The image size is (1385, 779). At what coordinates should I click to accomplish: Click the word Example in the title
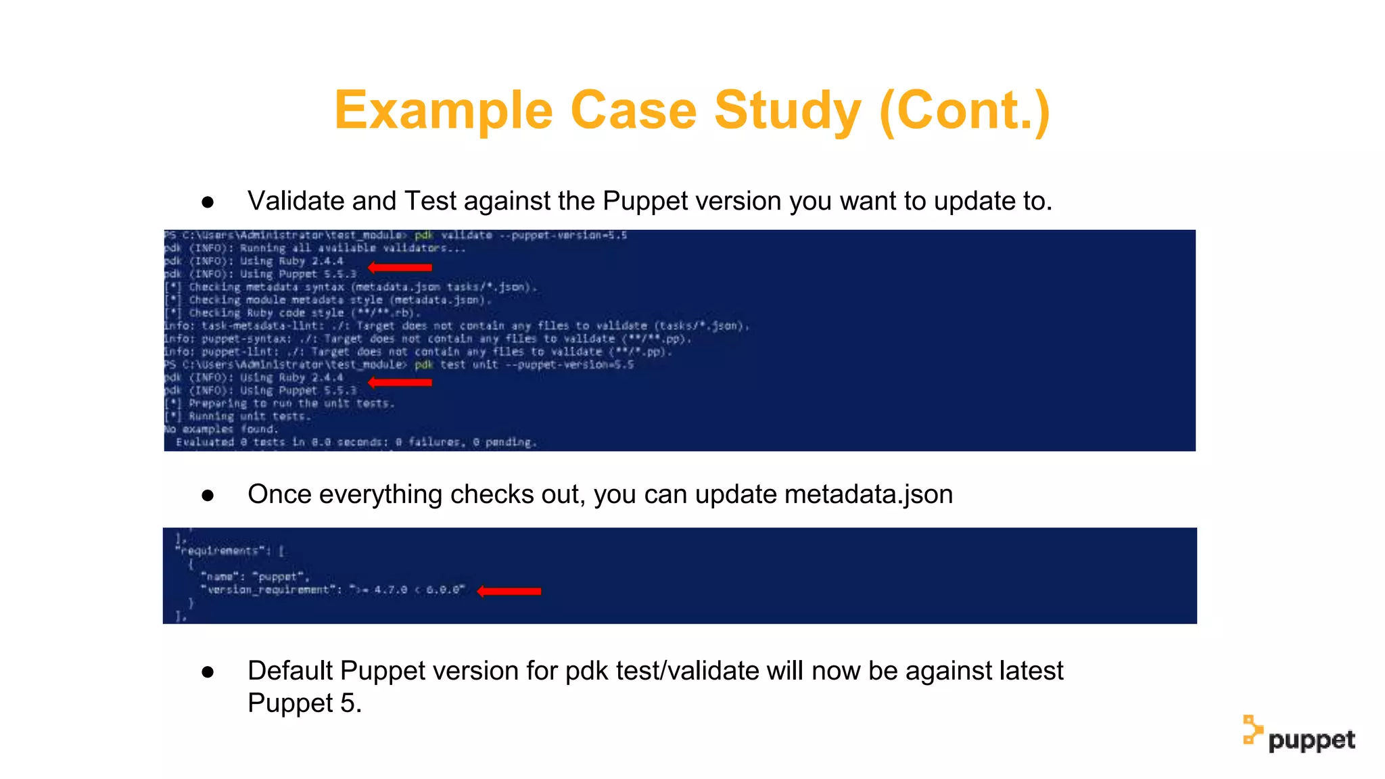click(x=444, y=111)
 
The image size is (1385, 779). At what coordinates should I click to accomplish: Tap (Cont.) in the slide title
click(x=965, y=111)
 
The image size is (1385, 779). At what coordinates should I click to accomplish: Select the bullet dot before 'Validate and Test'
click(x=208, y=202)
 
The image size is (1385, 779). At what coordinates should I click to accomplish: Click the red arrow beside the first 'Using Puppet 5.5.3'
click(x=400, y=268)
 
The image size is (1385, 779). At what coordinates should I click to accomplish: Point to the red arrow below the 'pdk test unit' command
click(x=400, y=383)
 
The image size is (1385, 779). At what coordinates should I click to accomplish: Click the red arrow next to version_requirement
click(x=509, y=591)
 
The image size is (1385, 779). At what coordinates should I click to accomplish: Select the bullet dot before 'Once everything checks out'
click(x=208, y=496)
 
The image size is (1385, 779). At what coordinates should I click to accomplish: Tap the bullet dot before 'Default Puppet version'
click(x=208, y=672)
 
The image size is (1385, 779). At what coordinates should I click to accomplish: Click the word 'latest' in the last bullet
click(x=1031, y=671)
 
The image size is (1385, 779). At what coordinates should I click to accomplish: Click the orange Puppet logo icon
click(x=1252, y=730)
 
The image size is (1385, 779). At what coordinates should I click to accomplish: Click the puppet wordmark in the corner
click(x=1311, y=740)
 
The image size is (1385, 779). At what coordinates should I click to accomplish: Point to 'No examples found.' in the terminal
click(x=221, y=429)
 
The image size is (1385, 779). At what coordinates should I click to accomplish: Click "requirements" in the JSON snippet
click(x=220, y=551)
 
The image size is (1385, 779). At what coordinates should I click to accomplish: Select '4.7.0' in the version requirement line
click(x=390, y=590)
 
